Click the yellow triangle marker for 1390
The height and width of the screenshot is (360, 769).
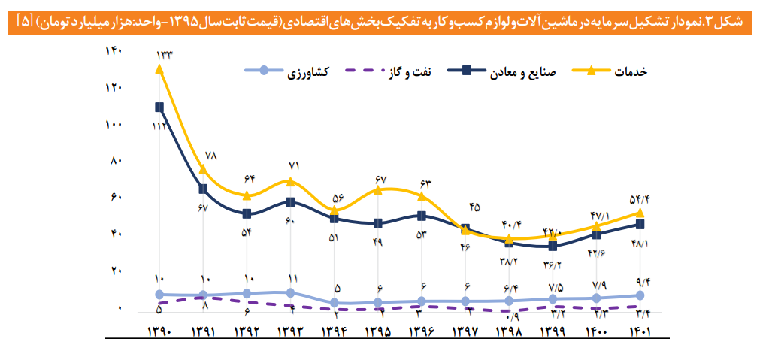pos(159,69)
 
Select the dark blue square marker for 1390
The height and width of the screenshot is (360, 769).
pos(159,107)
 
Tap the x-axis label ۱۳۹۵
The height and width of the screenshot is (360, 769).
pos(379,331)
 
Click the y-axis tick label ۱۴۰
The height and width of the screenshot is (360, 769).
pos(114,51)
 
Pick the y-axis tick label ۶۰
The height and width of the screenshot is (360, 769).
pos(116,198)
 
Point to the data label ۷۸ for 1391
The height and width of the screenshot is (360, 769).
pos(210,156)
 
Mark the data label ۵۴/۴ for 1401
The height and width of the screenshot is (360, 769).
pos(637,198)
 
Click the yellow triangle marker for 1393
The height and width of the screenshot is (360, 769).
pos(291,181)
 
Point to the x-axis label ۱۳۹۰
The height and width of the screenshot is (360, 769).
pos(159,331)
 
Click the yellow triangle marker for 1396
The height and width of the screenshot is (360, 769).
pos(422,196)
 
